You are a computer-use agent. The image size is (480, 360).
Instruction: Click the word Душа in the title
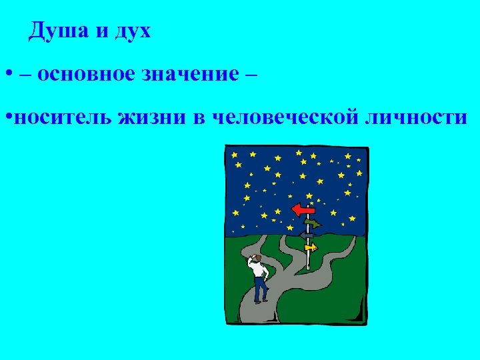click(57, 31)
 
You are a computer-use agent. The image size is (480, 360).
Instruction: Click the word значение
click(189, 74)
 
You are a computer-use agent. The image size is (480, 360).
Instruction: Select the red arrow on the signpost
click(304, 209)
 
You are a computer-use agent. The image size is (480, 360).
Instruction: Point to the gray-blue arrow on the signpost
click(307, 235)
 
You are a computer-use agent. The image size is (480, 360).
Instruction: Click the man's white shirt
click(258, 272)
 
